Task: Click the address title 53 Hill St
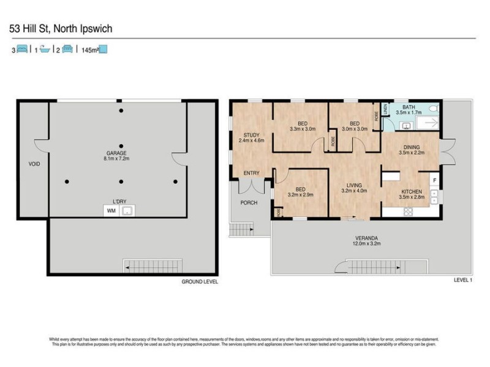(60, 28)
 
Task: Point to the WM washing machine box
(111, 210)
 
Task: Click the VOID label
(34, 164)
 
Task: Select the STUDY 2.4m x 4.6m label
(251, 138)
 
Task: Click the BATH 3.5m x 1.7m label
(409, 110)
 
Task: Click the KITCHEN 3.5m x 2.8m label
(411, 195)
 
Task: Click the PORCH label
(249, 202)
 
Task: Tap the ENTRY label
(251, 173)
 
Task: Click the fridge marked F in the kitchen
(434, 180)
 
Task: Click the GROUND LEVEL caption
(200, 282)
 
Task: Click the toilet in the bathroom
(434, 109)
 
